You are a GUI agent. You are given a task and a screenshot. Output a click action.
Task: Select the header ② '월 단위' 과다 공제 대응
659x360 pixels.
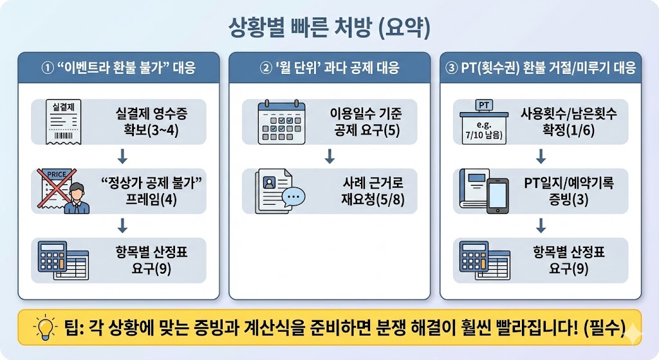click(x=329, y=68)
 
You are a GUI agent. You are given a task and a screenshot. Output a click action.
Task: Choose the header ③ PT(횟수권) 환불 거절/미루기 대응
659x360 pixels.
click(x=541, y=68)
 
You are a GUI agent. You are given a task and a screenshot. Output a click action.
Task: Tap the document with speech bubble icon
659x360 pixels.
click(x=278, y=191)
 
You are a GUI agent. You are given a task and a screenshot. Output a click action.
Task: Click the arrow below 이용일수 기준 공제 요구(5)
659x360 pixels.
click(x=329, y=156)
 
